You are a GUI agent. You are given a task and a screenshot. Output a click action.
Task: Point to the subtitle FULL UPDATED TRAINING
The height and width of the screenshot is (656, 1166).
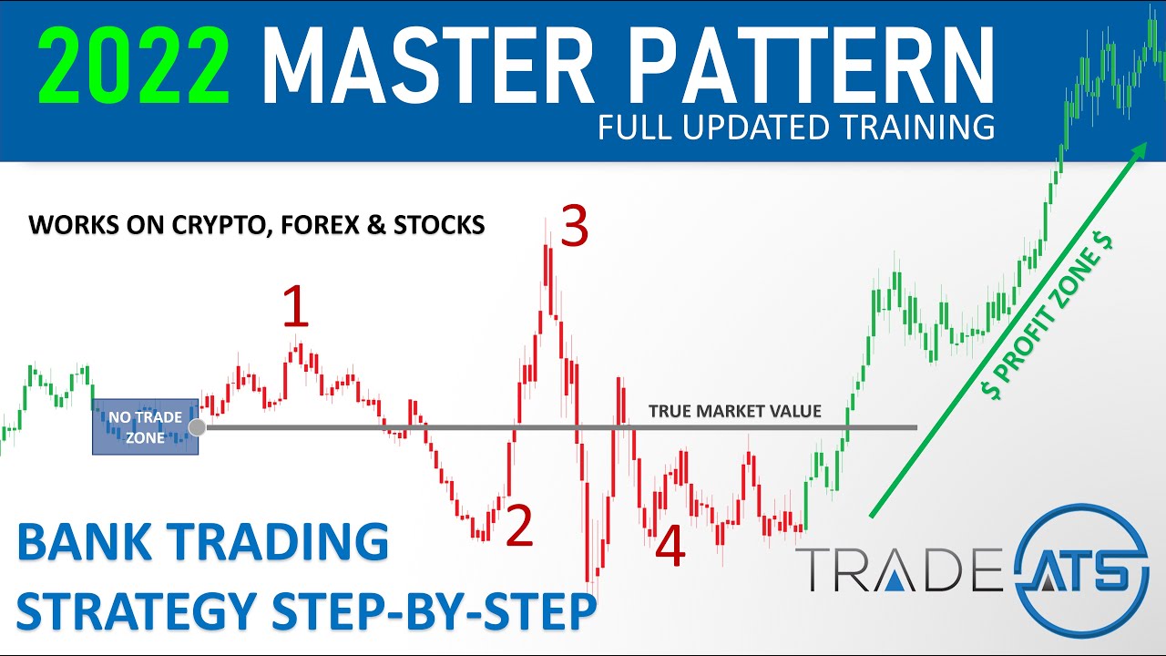796,128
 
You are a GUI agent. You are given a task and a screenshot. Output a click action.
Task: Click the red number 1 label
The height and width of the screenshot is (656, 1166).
295,307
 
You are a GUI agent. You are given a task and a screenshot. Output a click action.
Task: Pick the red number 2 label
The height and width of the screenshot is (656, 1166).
518,527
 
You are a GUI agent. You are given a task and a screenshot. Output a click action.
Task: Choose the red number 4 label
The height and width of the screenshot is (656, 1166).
670,548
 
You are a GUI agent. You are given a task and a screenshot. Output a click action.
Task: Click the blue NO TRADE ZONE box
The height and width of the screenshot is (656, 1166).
144,426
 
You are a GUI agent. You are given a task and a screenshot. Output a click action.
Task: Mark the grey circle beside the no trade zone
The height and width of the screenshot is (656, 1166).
196,426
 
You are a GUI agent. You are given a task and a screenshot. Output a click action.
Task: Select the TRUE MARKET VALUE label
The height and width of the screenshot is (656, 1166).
734,412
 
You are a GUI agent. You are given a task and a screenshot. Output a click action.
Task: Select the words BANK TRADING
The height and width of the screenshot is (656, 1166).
202,543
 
